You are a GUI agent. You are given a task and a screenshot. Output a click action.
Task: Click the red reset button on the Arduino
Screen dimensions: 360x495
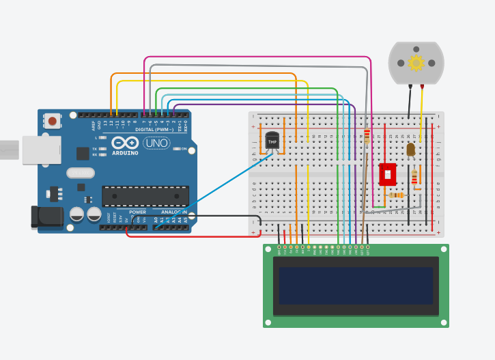click(53, 122)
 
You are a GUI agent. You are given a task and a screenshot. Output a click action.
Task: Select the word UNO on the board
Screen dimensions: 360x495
click(156, 143)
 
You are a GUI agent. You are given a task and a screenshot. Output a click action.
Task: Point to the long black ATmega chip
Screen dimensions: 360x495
click(145, 196)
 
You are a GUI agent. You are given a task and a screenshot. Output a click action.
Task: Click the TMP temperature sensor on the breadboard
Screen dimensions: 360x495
click(272, 142)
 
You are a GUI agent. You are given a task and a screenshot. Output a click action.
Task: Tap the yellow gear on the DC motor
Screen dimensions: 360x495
click(416, 63)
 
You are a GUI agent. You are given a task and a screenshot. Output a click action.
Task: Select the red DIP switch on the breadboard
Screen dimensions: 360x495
click(388, 174)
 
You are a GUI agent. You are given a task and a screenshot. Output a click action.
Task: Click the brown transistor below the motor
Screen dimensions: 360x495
click(410, 149)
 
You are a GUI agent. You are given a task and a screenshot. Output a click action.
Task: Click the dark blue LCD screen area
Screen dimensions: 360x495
click(356, 286)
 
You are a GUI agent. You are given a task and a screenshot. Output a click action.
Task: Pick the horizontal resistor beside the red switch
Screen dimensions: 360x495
click(395, 195)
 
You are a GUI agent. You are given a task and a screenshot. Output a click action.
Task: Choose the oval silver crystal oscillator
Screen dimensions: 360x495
click(80, 173)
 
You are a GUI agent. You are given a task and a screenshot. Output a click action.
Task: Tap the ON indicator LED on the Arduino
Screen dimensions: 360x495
click(176, 149)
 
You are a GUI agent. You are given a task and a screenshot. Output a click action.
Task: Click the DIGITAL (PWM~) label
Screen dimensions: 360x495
click(154, 129)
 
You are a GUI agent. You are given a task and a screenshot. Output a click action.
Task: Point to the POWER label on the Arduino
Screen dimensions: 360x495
click(137, 212)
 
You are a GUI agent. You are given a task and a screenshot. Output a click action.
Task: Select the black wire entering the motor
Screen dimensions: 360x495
click(410, 102)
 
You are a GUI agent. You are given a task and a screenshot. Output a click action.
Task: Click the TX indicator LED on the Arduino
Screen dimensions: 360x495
click(102, 148)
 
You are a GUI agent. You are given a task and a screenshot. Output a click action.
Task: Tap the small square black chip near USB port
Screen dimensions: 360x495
click(83, 153)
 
